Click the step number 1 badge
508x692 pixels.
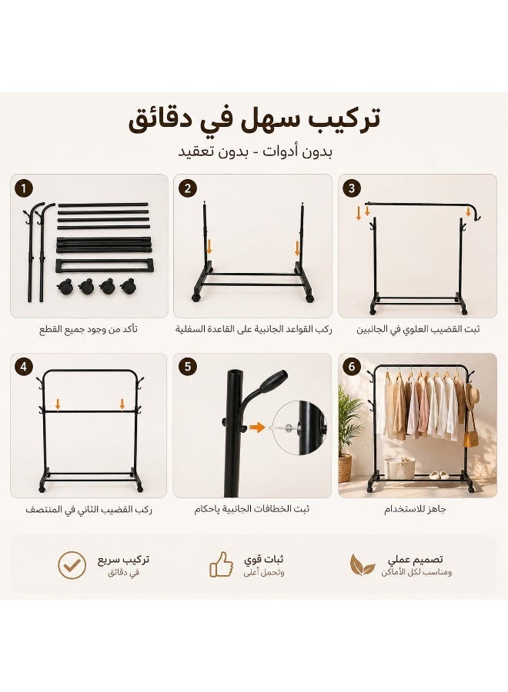pos(23,189)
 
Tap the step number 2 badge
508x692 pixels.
pos(188,189)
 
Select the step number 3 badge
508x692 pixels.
pos(352,189)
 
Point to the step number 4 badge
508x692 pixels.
pos(23,368)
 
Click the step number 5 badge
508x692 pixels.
pos(188,368)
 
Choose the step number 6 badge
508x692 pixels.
pos(352,368)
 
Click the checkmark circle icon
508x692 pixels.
pos(72,565)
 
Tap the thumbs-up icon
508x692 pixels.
pos(222,564)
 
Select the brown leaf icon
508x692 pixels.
pos(363,565)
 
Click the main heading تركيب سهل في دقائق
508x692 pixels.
pos(255,119)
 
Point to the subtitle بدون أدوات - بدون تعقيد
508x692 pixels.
pos(256,151)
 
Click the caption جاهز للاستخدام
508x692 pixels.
pos(415,510)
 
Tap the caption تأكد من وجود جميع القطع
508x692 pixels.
pos(89,330)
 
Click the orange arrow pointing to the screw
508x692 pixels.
pos(256,428)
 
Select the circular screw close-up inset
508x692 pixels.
pos(299,428)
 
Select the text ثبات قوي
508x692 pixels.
pos(264,560)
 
